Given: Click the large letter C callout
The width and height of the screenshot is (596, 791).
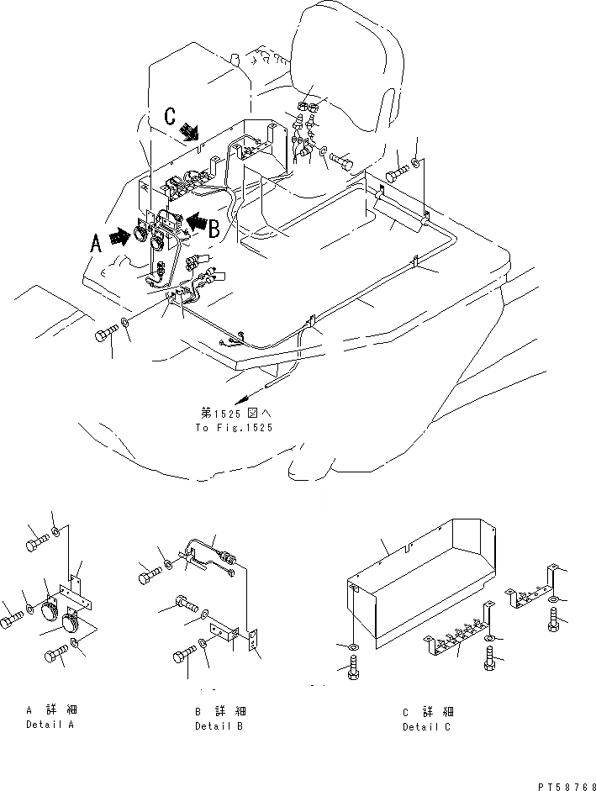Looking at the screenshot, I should point(171,117).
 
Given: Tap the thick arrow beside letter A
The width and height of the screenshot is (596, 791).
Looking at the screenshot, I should point(119,236).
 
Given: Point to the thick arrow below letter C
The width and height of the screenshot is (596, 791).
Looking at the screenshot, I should point(190,131).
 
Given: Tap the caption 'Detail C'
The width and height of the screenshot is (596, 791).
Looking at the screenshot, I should point(426,726).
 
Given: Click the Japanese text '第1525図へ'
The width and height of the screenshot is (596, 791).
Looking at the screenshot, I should point(235,414).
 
